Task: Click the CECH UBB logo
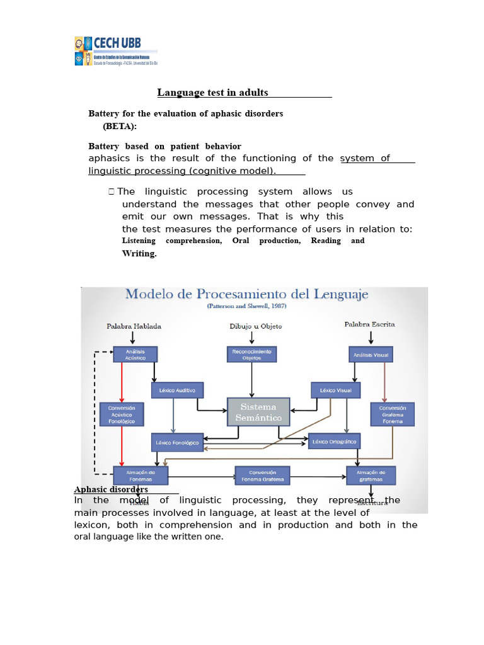[115, 51]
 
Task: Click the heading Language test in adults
[212, 93]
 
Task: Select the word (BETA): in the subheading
[120, 126]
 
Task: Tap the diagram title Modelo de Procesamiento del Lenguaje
[246, 294]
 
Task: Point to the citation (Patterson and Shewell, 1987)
[246, 305]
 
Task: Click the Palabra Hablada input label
[134, 326]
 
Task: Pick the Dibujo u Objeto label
[255, 326]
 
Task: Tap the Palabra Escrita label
[369, 324]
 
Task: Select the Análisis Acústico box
[135, 355]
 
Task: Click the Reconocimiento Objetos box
[251, 355]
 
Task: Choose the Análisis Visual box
[371, 355]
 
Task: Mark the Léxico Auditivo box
[177, 391]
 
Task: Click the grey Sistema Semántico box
[258, 412]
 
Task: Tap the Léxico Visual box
[336, 391]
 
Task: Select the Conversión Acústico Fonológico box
[122, 414]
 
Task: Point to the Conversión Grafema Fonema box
[392, 414]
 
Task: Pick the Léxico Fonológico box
[177, 442]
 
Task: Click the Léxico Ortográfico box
[335, 442]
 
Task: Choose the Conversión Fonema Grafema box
[262, 476]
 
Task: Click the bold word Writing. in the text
[139, 253]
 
